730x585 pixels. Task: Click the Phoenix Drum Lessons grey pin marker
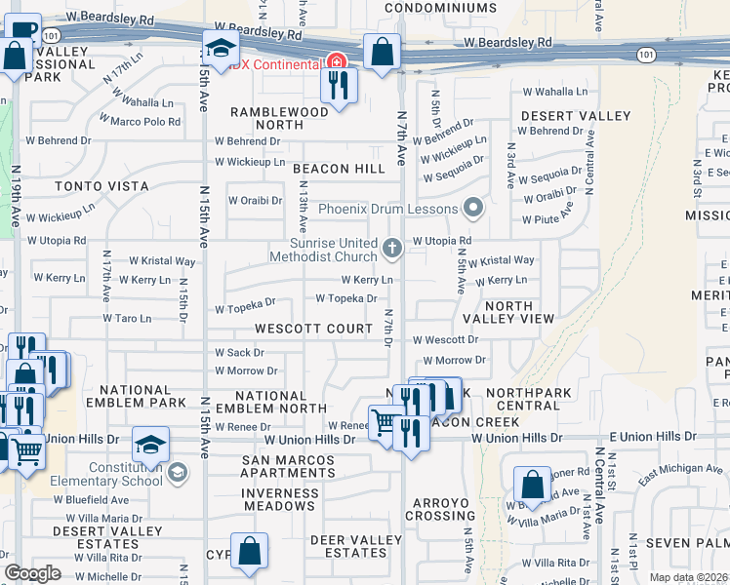point(473,208)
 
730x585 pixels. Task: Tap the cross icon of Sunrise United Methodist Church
point(392,249)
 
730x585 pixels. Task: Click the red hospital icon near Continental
point(339,62)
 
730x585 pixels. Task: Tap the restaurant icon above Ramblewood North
point(339,85)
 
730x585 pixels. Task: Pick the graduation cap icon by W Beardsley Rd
point(222,49)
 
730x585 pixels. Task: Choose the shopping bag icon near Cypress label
point(250,551)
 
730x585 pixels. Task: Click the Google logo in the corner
point(32,573)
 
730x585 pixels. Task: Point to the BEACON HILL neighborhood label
point(339,169)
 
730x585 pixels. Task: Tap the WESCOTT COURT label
point(314,329)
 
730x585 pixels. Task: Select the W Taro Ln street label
point(127,318)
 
